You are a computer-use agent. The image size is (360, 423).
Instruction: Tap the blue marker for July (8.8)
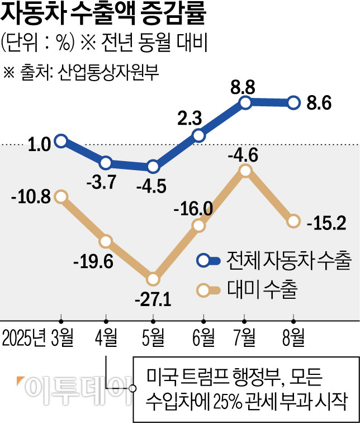tap(245, 102)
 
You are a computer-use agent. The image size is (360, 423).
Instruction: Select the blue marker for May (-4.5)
tap(153, 167)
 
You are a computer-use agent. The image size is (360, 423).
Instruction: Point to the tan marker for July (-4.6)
tap(245, 172)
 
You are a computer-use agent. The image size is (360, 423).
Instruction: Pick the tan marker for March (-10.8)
tap(61, 196)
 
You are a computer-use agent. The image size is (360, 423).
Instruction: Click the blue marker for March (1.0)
tap(61, 140)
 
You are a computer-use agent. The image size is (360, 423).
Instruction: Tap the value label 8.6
tap(320, 104)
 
